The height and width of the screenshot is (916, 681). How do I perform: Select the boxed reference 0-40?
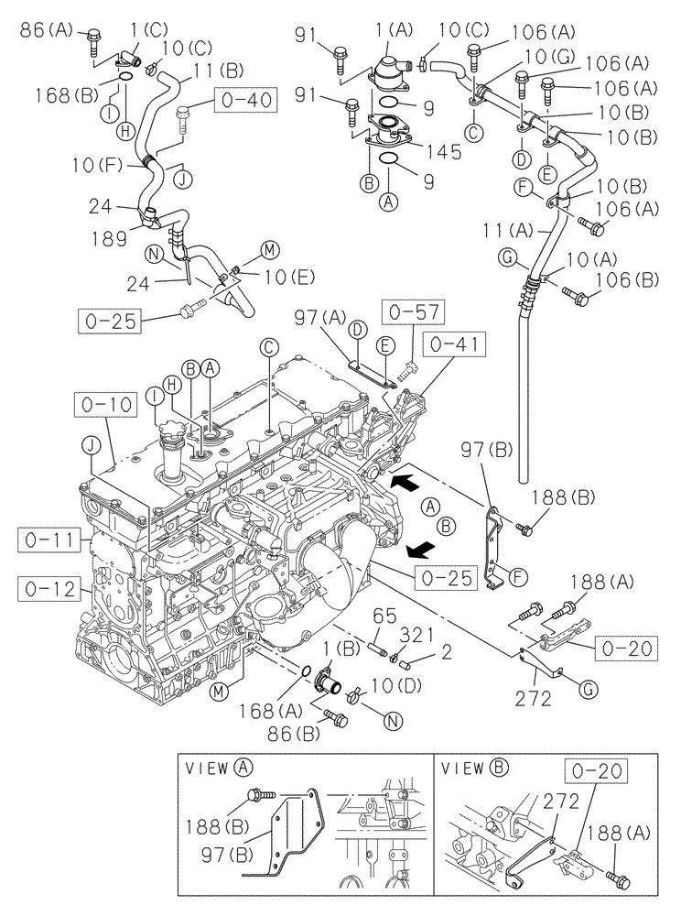244,99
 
